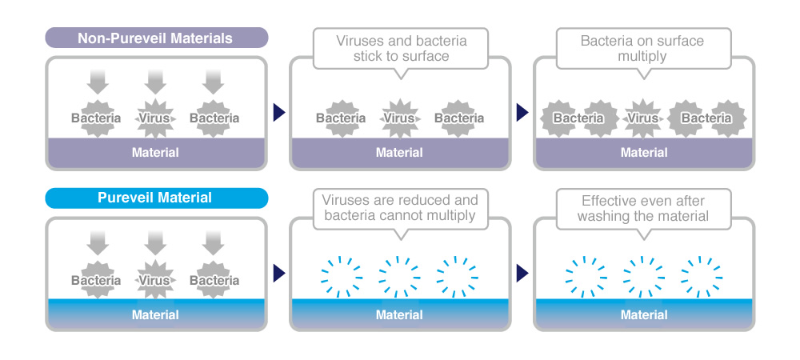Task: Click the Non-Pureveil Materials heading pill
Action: coord(156,38)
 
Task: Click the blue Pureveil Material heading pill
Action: coord(156,198)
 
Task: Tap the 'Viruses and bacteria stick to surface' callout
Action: coord(400,48)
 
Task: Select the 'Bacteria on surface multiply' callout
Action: coord(643,48)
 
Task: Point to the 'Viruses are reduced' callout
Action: coord(400,208)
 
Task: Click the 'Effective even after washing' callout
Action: coord(643,208)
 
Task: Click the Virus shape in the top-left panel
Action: coord(155,118)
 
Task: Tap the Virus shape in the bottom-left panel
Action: coord(155,280)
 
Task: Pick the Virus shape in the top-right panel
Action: coord(643,118)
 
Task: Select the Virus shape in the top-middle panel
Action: coord(399,118)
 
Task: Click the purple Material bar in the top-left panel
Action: coord(155,152)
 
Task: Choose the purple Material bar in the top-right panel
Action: coord(643,152)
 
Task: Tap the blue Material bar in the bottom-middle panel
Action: coord(399,314)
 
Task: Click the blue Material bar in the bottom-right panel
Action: coord(643,314)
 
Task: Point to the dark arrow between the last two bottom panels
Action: coord(522,274)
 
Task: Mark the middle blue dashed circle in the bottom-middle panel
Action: coord(399,275)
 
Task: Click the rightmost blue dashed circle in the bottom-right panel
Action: coord(701,275)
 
